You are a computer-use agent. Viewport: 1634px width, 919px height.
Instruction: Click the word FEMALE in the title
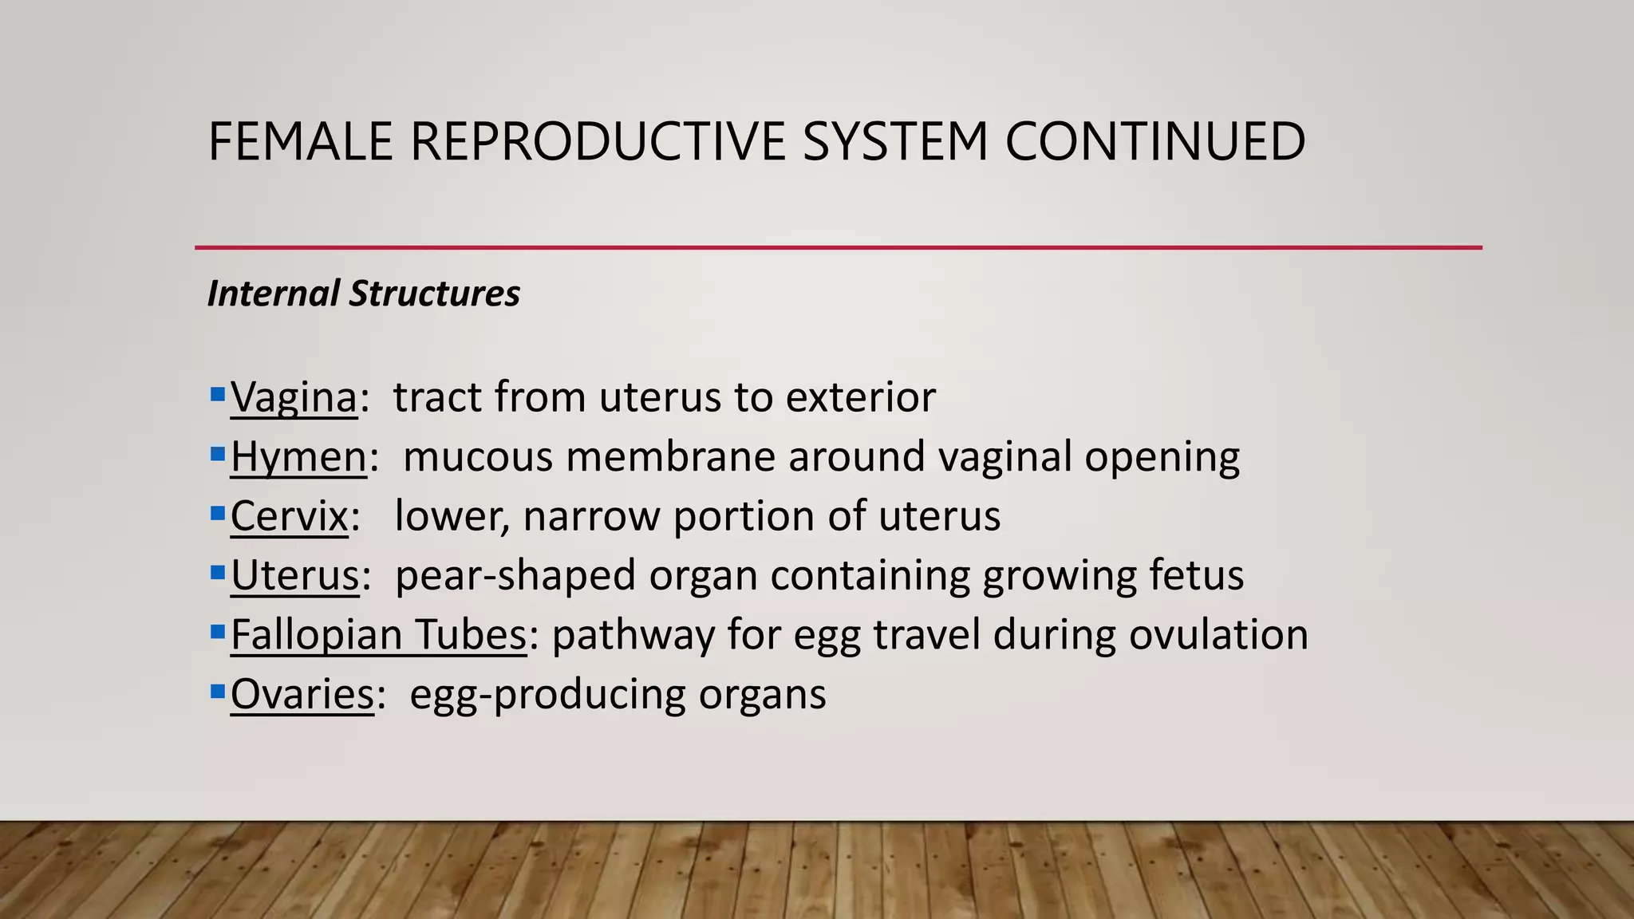coord(300,141)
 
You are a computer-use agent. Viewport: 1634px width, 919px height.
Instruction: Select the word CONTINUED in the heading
coord(1154,141)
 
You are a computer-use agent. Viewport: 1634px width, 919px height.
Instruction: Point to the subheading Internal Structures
coord(363,294)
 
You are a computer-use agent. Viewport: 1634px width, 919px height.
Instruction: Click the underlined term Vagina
coord(294,396)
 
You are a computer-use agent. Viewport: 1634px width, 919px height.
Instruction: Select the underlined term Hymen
coord(298,456)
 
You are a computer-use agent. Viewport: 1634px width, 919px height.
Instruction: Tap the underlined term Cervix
coord(289,516)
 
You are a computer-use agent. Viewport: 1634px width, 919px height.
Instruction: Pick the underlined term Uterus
coord(294,575)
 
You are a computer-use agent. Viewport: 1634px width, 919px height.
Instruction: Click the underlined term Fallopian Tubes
coord(378,635)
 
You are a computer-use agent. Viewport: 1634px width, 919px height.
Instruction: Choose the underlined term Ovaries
coord(302,694)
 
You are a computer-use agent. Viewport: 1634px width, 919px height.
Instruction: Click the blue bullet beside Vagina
coord(217,394)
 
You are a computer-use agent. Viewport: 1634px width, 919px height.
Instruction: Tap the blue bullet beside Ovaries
coord(217,691)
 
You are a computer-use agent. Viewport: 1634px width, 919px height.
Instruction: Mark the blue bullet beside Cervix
coord(217,513)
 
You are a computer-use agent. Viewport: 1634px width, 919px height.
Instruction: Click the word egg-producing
coord(547,694)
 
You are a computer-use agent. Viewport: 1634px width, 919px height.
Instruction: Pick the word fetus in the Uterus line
coord(1196,575)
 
